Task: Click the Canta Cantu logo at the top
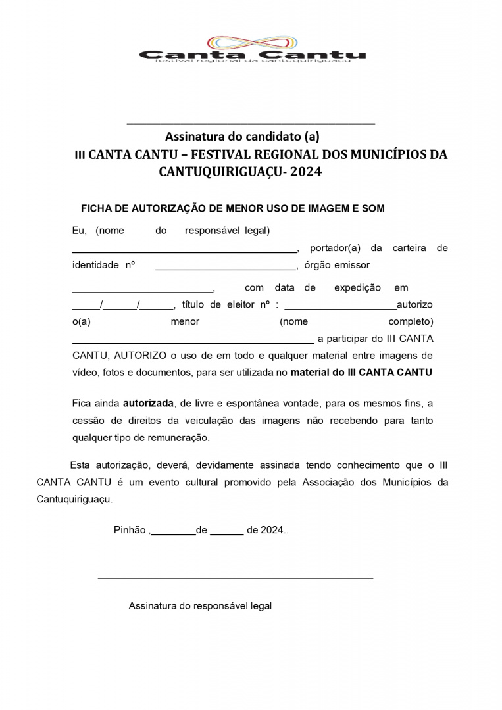(252, 49)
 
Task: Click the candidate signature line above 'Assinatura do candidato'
(250, 123)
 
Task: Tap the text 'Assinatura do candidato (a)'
(242, 137)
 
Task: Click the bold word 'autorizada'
(148, 403)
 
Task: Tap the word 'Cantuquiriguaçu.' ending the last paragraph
(74, 499)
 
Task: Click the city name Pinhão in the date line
(130, 530)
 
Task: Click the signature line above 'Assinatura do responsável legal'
(235, 578)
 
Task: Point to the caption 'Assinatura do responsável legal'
(200, 605)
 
